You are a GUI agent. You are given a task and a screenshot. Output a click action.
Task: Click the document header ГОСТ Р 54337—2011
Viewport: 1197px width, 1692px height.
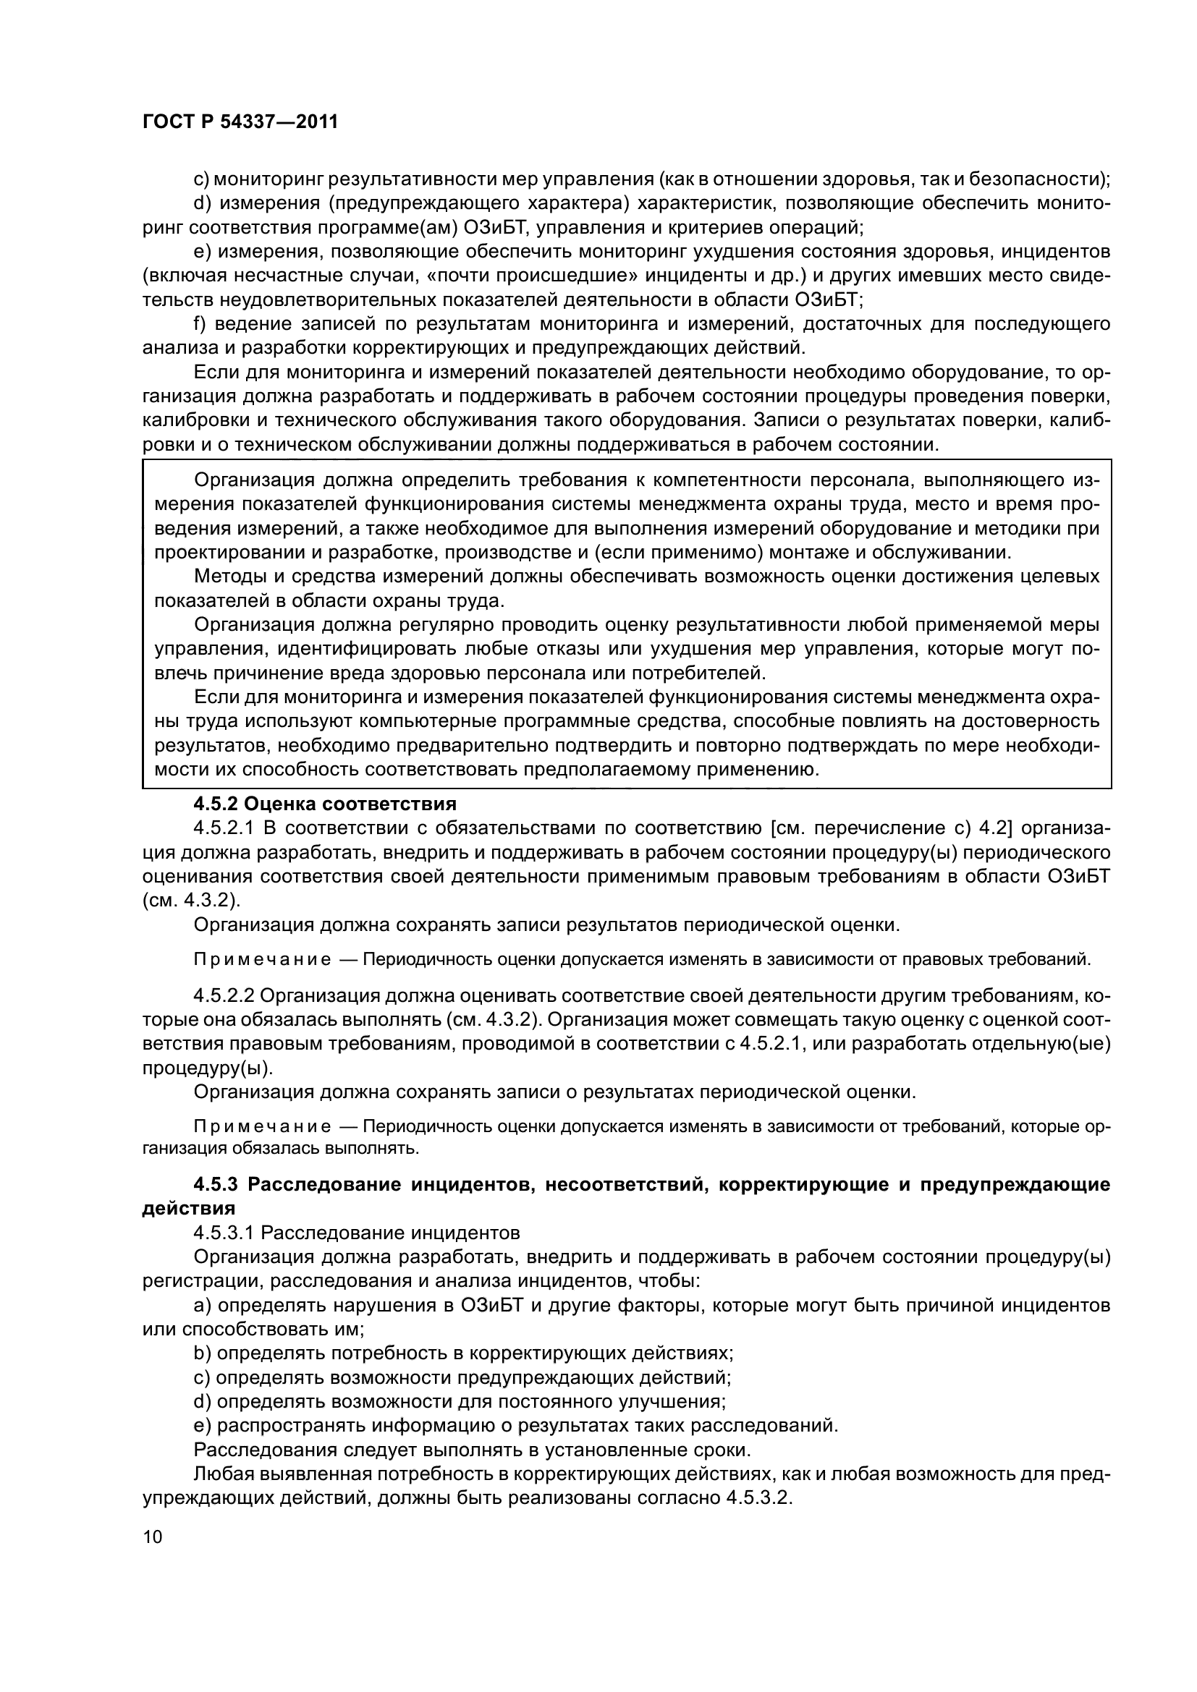240,122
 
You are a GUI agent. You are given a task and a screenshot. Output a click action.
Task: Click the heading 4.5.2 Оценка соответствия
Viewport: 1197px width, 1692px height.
324,803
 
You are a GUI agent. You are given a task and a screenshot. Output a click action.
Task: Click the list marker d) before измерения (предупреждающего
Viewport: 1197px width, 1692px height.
202,203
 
